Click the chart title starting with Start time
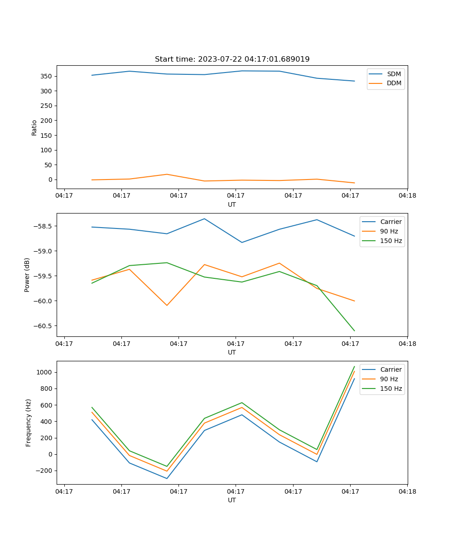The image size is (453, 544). [232, 59]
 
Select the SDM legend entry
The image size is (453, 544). [393, 74]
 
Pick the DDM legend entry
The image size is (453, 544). [394, 83]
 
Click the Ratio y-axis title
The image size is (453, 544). [34, 127]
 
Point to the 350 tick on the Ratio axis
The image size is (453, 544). [46, 76]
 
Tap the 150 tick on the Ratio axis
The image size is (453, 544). [46, 135]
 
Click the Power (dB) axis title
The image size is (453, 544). [27, 275]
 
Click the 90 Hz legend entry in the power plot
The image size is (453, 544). [389, 231]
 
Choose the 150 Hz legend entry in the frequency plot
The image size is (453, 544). [391, 389]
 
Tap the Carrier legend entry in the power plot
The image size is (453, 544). [390, 222]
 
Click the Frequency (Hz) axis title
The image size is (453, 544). [28, 423]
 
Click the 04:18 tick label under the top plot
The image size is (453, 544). [407, 196]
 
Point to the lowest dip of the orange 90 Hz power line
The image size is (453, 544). [167, 305]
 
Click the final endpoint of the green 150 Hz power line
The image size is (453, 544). [354, 331]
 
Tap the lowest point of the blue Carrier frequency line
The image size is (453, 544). [167, 478]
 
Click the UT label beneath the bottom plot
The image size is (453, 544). [232, 500]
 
